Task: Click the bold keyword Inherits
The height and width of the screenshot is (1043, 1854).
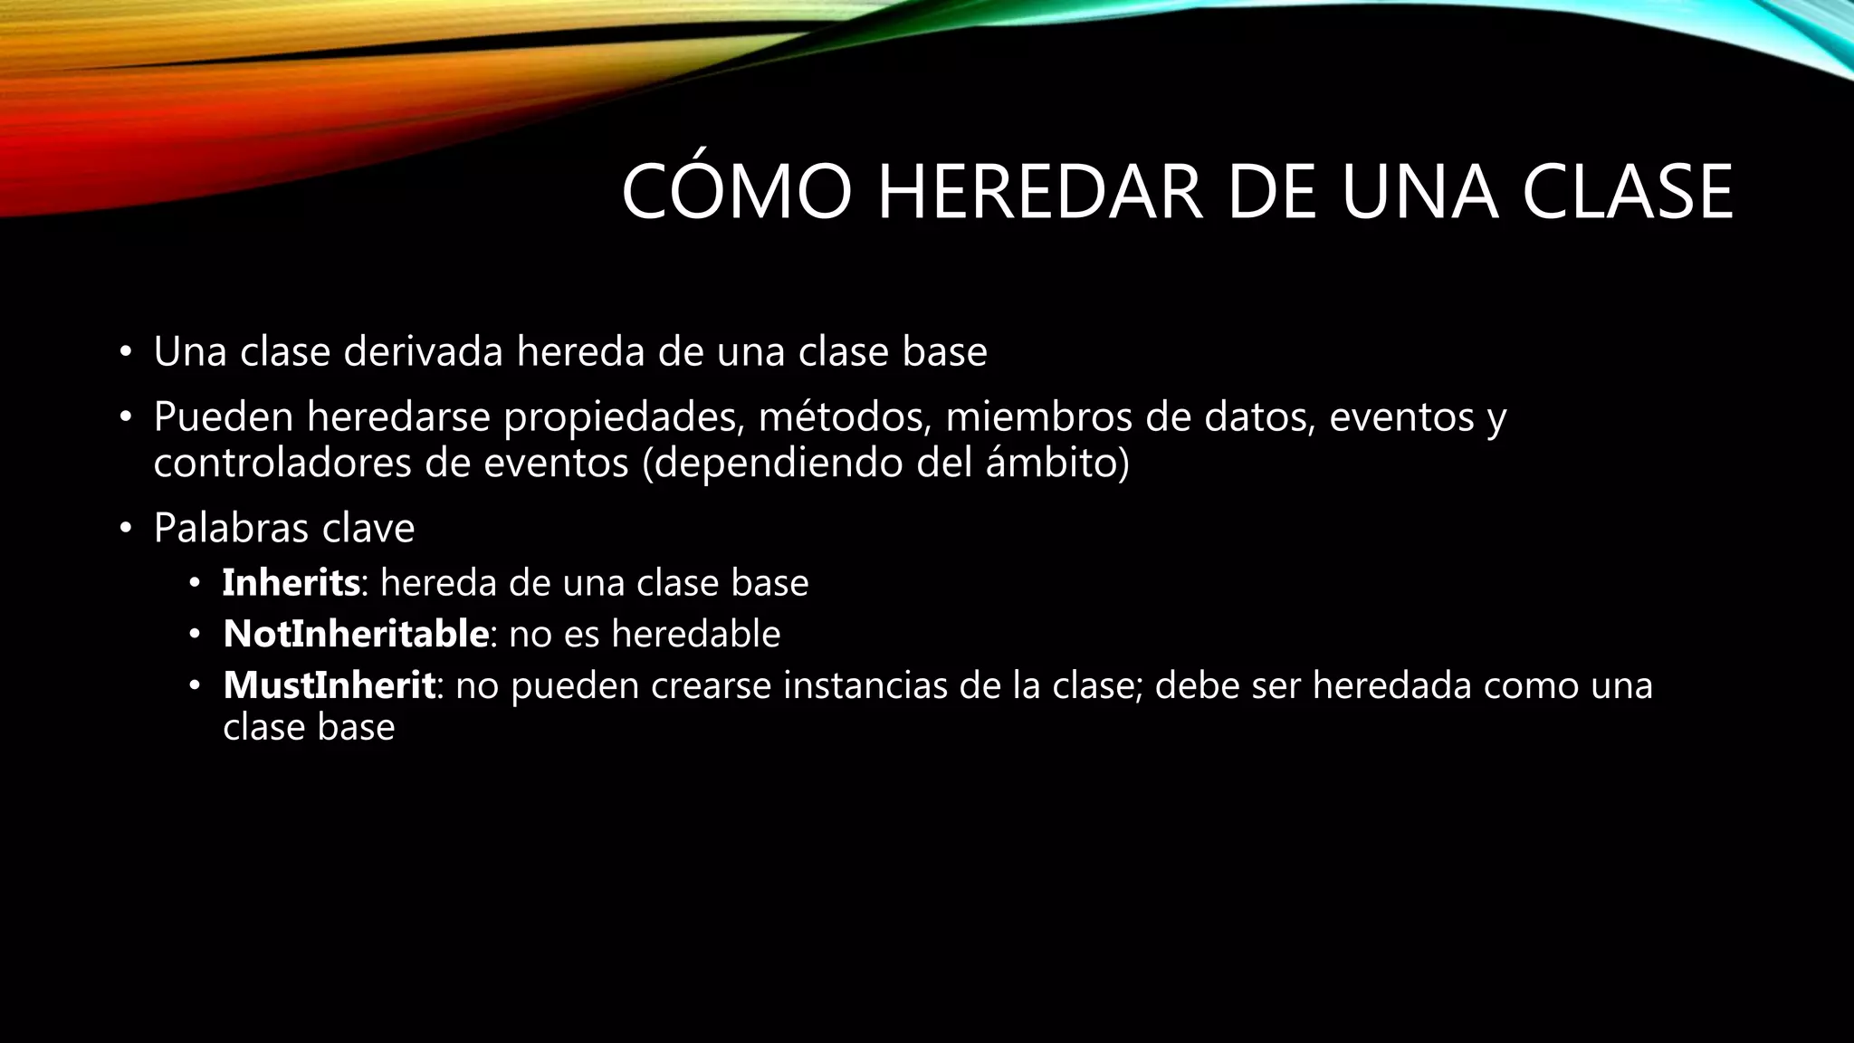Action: click(x=291, y=583)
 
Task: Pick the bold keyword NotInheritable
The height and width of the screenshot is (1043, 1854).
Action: click(x=356, y=634)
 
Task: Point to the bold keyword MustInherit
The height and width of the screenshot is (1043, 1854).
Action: click(x=330, y=685)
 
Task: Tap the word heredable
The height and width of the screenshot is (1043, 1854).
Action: click(x=695, y=634)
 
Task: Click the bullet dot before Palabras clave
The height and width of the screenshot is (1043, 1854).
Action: click(x=126, y=529)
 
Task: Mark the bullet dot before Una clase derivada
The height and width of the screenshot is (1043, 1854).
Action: click(x=126, y=353)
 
